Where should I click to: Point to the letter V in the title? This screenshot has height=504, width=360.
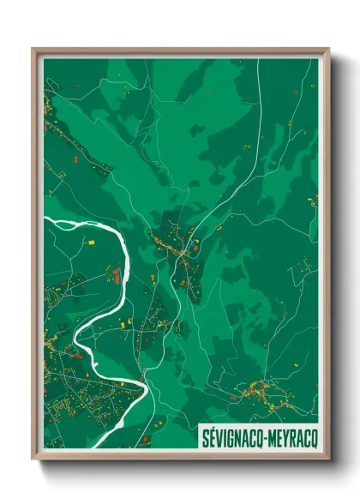tap(217, 436)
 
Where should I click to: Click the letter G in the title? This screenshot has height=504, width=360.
tap(229, 436)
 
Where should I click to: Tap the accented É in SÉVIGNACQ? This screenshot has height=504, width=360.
tap(211, 435)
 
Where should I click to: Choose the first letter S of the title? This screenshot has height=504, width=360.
tap(205, 436)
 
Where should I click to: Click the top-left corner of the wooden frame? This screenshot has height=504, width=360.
tap(34, 50)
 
